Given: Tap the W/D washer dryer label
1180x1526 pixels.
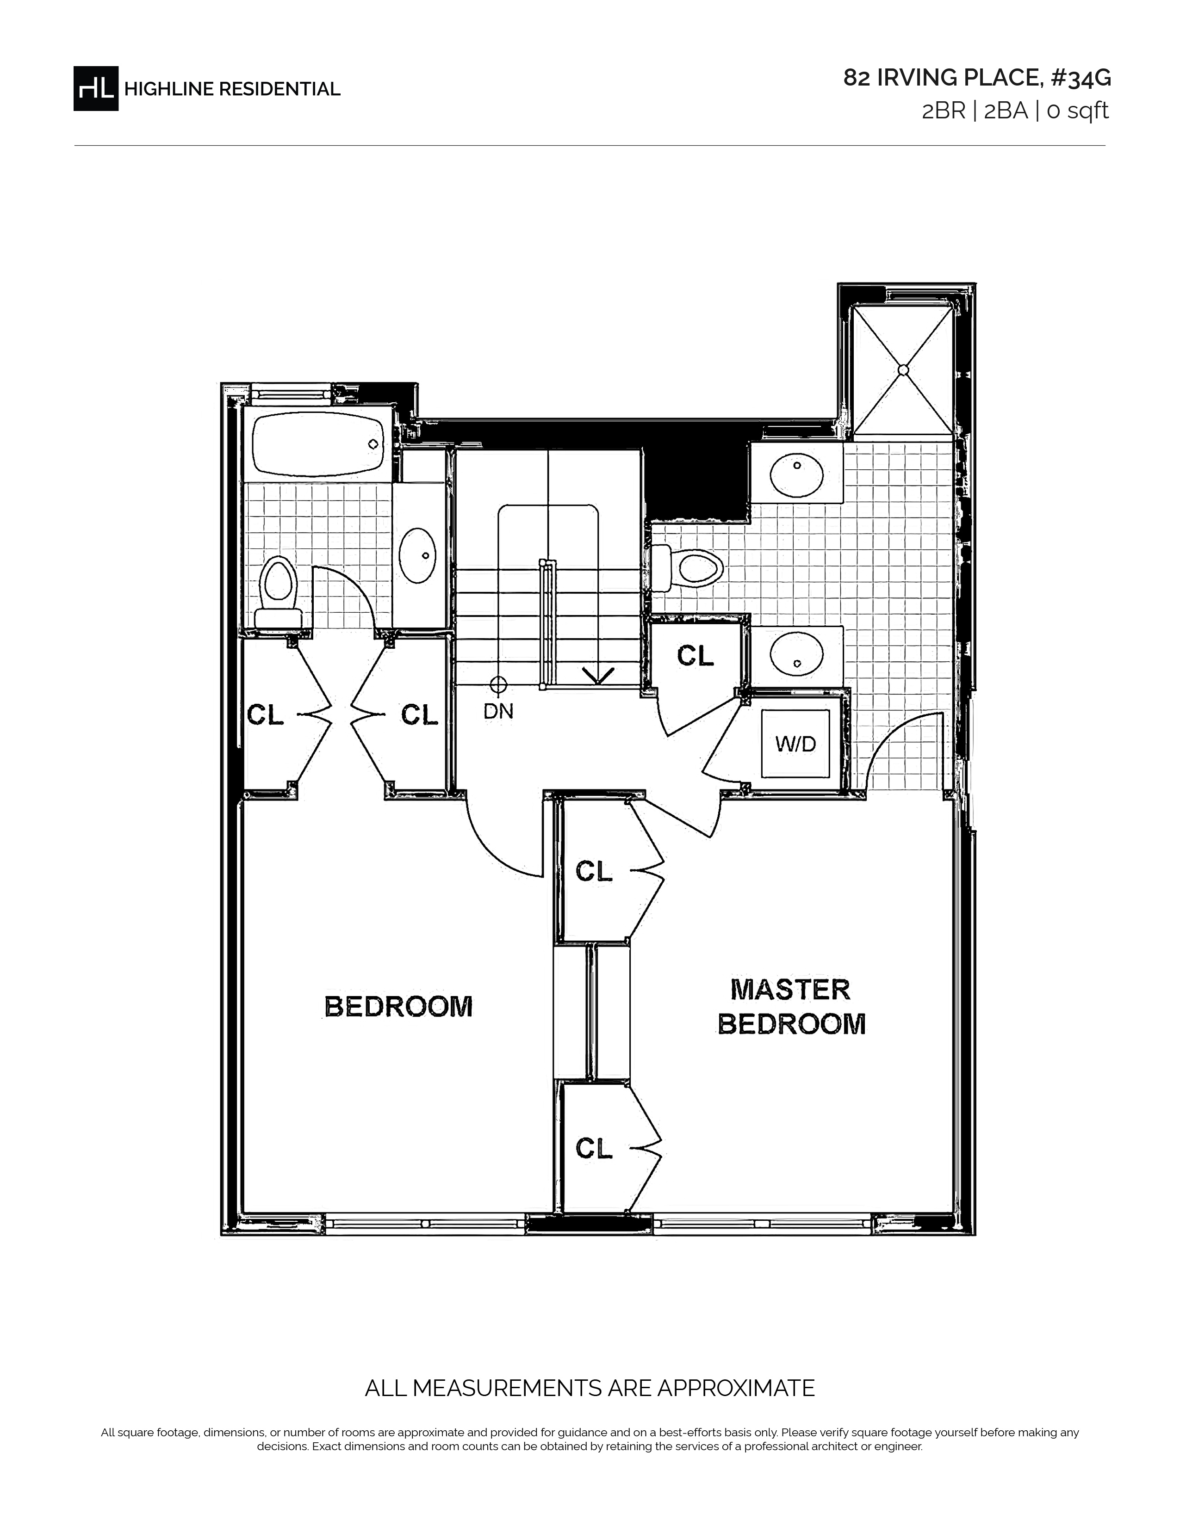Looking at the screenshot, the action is click(x=795, y=744).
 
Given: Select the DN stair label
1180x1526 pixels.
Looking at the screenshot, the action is click(x=498, y=711).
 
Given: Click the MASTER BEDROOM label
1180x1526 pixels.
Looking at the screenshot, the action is click(x=791, y=1008).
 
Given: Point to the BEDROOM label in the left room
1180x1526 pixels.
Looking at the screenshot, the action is click(x=398, y=1007).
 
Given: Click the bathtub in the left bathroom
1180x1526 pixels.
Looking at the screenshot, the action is click(x=318, y=443).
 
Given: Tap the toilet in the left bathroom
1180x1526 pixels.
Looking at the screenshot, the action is click(x=278, y=592).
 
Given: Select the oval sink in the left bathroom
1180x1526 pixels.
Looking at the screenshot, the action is click(x=417, y=555).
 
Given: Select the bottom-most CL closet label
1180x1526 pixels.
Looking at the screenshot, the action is click(x=594, y=1148).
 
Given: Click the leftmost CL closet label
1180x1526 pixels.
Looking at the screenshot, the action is click(x=266, y=715).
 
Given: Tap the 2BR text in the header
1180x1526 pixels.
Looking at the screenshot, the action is click(x=944, y=111).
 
